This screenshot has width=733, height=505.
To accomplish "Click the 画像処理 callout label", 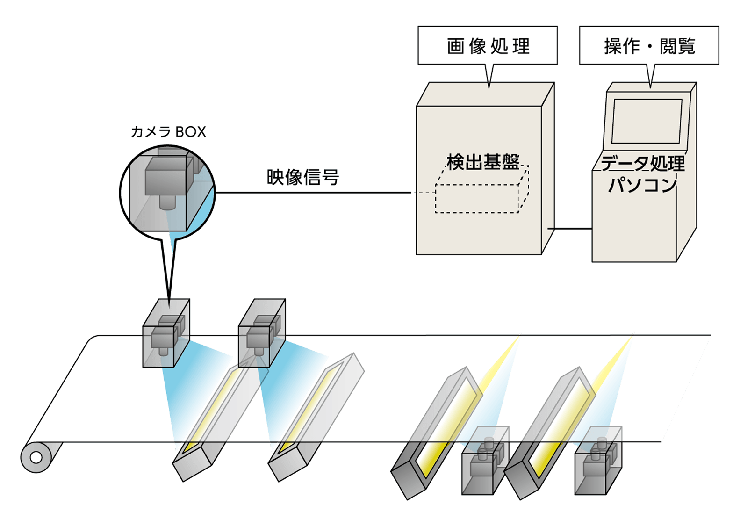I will [488, 46].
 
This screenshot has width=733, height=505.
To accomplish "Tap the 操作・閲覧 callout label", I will [649, 46].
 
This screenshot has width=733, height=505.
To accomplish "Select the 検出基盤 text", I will [483, 162].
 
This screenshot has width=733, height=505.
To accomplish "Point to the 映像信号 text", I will [303, 177].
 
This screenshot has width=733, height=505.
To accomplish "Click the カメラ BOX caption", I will [169, 132].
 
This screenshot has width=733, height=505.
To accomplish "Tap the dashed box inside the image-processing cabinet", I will [477, 198].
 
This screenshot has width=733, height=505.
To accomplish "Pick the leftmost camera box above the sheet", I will [166, 333].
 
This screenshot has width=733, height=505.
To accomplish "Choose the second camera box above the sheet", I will [262, 333].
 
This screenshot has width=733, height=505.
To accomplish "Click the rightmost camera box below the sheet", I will [599, 460].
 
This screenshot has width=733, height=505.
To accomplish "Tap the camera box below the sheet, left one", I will [485, 460].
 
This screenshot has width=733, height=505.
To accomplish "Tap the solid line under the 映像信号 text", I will [313, 193].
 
